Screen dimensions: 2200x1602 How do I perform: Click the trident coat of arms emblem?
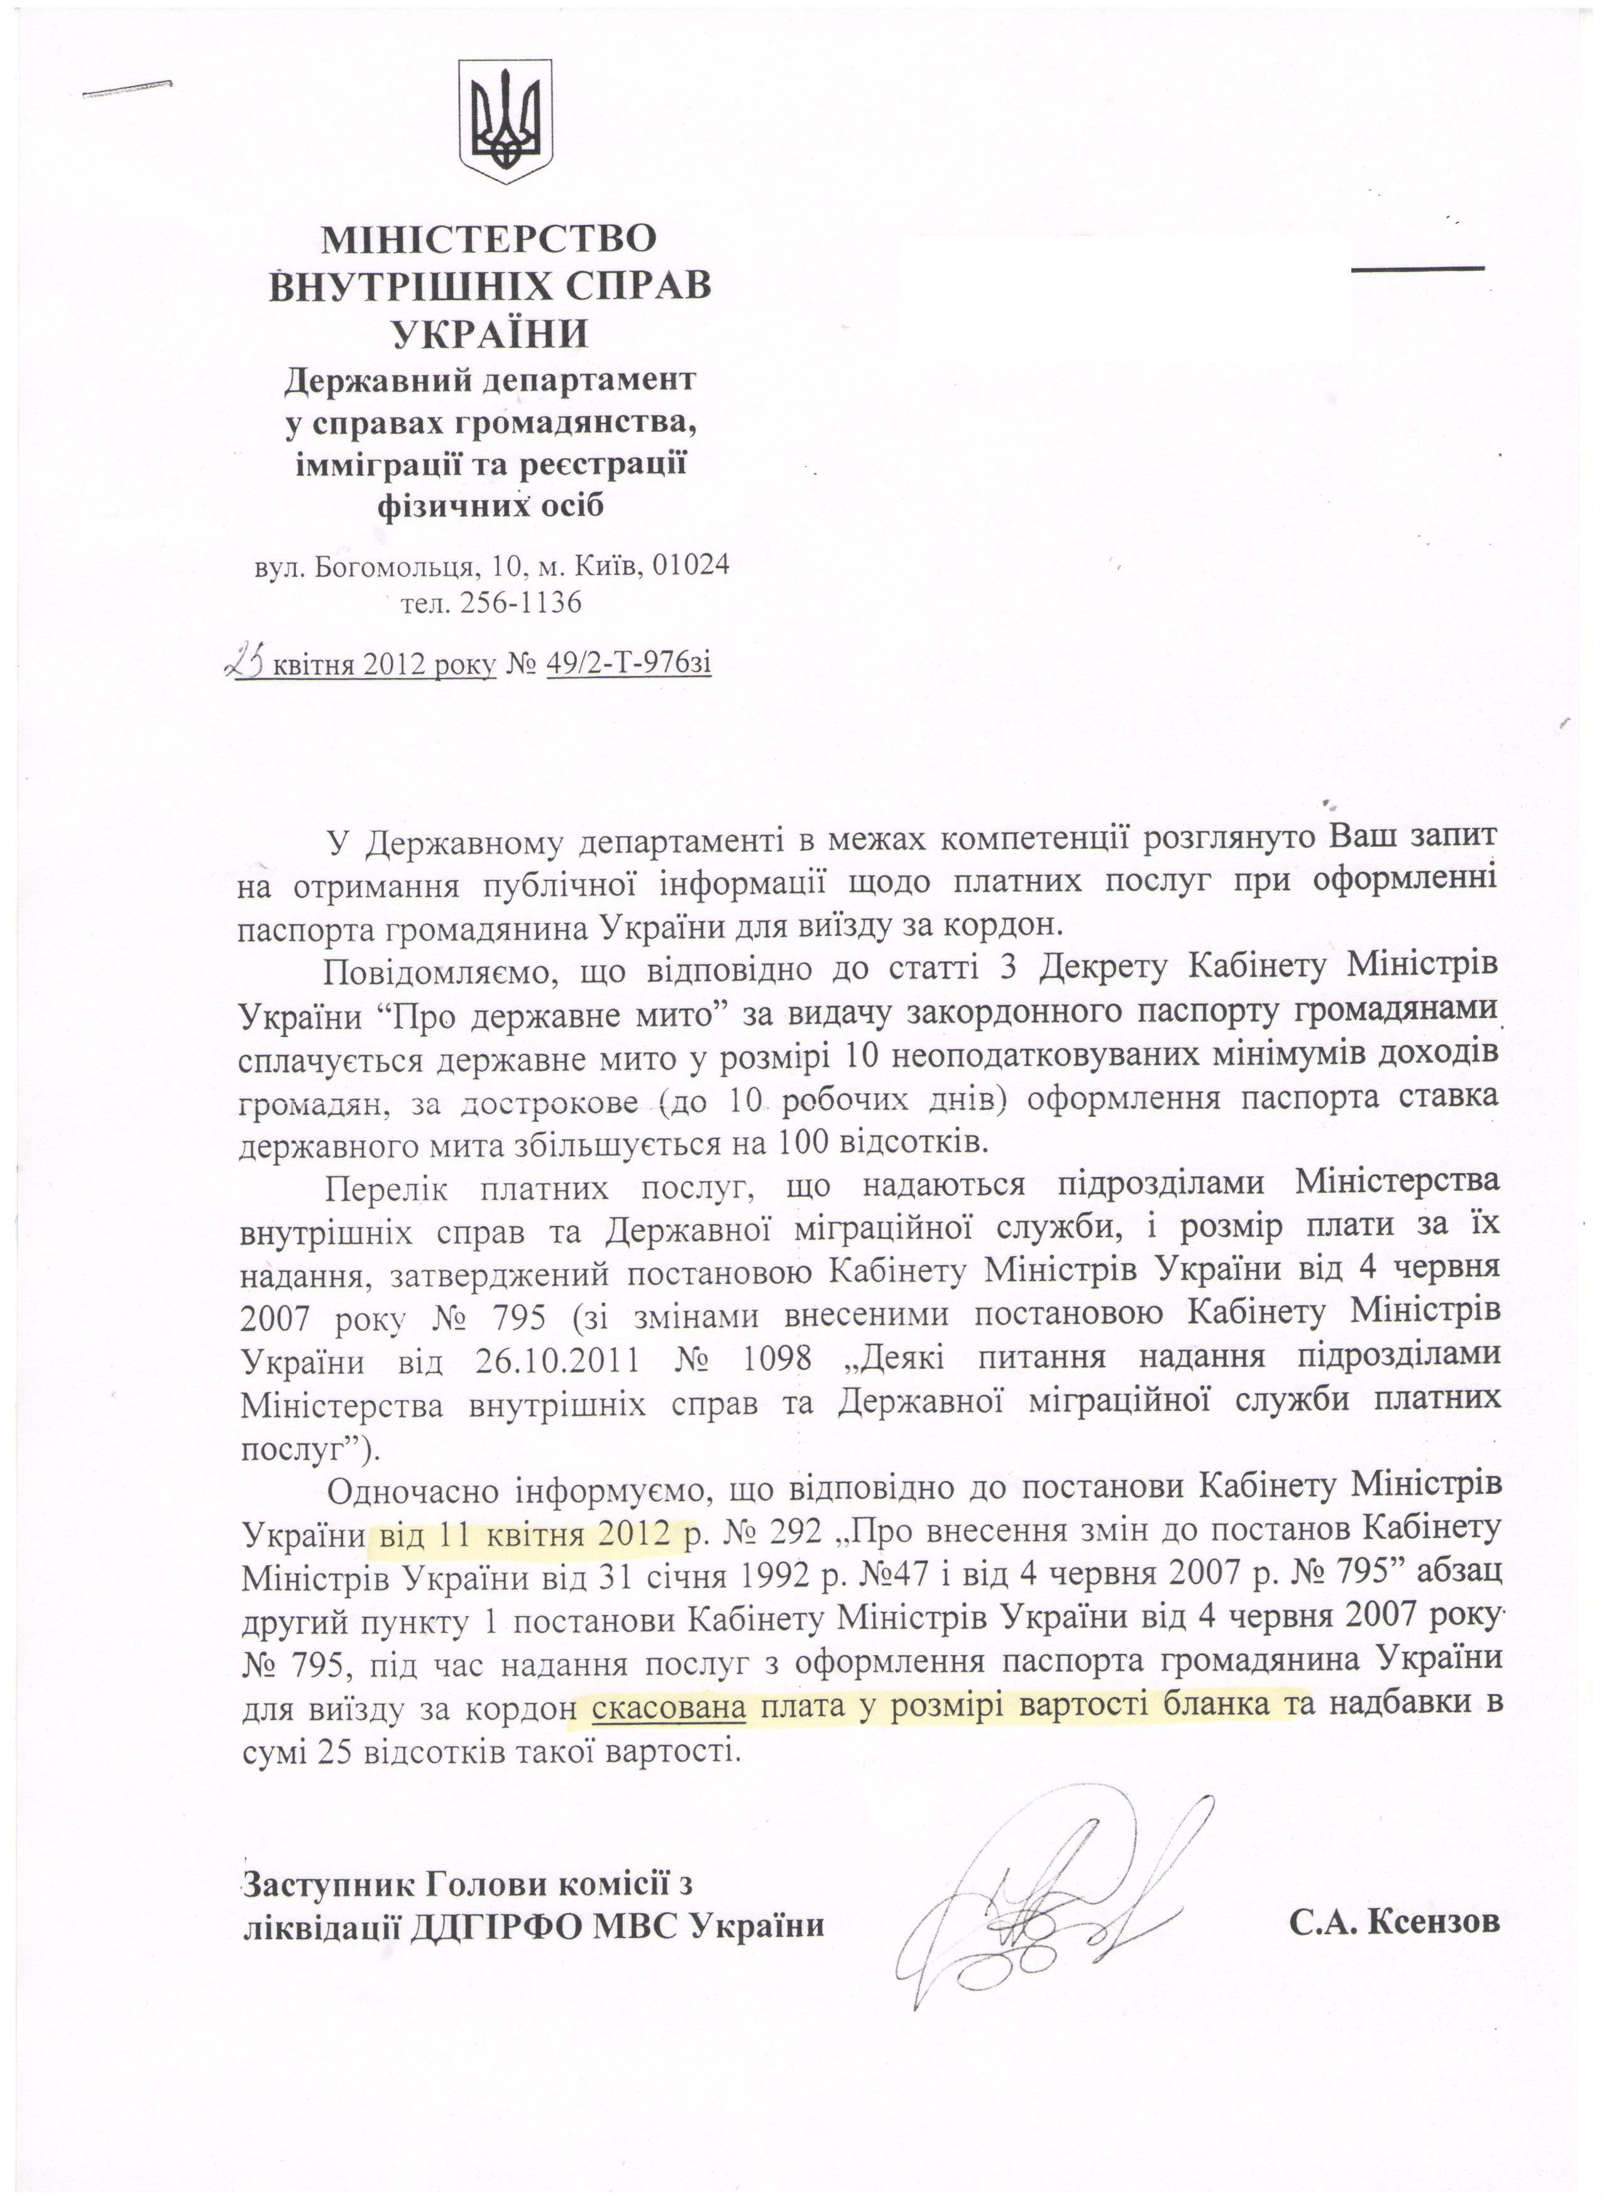[504, 121]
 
